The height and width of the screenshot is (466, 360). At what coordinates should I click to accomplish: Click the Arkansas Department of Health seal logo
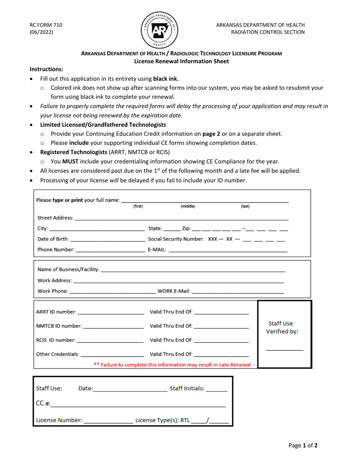click(160, 29)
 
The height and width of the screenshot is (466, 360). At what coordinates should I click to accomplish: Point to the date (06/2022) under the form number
click(42, 32)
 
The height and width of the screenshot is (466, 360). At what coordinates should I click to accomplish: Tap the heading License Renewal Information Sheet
click(182, 61)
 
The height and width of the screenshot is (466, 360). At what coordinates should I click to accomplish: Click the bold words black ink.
click(166, 79)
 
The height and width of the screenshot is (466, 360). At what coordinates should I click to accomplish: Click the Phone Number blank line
click(111, 250)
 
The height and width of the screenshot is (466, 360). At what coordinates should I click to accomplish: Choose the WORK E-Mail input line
click(238, 291)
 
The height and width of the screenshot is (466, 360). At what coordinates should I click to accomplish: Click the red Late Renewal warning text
click(172, 365)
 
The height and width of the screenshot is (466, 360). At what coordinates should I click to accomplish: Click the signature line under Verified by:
click(284, 349)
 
